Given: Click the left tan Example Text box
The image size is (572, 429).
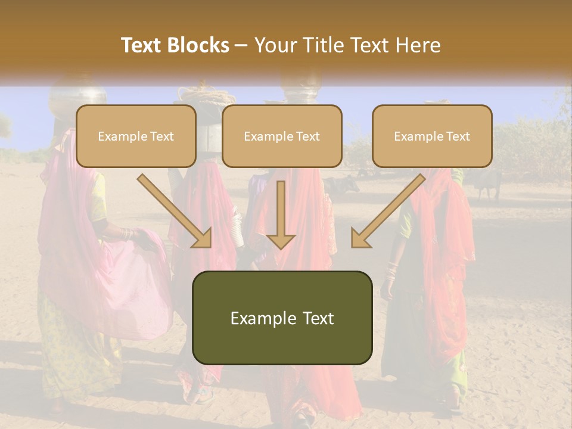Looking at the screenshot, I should click(136, 136).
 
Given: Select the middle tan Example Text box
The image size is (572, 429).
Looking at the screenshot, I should click(282, 136).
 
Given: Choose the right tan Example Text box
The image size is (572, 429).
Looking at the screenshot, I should click(432, 136).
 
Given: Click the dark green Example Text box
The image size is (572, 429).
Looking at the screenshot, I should click(282, 318).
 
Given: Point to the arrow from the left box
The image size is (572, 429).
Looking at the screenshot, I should click(175, 211).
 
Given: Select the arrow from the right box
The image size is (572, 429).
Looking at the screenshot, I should click(388, 211).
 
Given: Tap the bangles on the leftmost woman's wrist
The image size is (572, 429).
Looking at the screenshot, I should click(126, 234).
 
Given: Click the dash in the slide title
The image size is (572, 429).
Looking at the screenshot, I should click(242, 45).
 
